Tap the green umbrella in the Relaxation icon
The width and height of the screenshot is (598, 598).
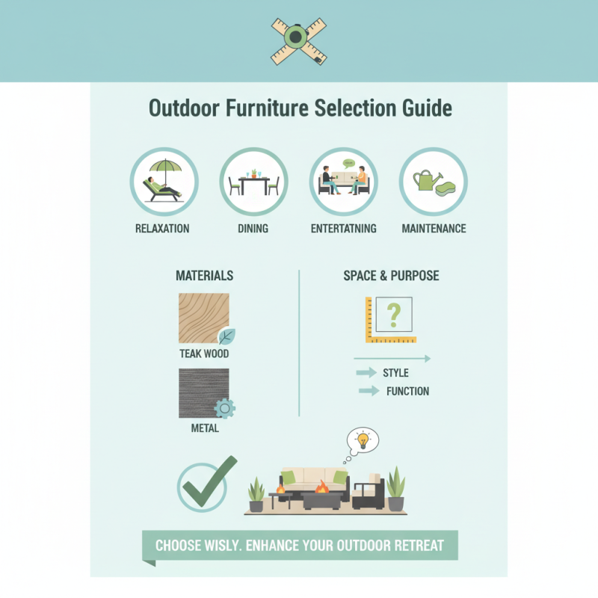161,167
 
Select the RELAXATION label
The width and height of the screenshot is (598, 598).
162,228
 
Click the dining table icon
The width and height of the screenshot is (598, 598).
253,182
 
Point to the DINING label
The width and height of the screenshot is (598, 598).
253,228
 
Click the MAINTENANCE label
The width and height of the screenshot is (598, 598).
434,228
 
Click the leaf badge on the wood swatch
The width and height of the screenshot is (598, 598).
226,336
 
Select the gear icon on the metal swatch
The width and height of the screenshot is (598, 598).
224,407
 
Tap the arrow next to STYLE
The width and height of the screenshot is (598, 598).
366,372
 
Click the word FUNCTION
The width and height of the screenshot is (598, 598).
407,391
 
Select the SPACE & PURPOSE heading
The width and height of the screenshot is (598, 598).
391,276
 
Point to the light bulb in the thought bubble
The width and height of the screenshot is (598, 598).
363,440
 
